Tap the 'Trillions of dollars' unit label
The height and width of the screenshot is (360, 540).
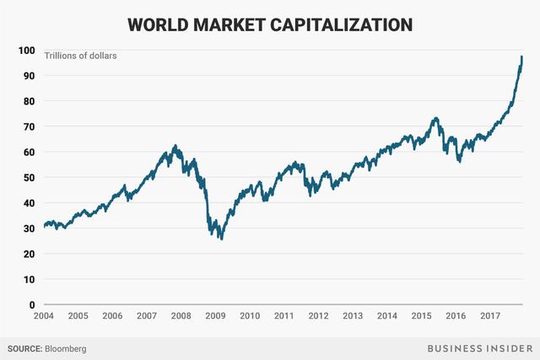[81, 56]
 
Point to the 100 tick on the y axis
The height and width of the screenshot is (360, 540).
[26, 51]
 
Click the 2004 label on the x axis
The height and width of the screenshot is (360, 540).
[44, 316]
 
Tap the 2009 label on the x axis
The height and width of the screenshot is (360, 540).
[215, 316]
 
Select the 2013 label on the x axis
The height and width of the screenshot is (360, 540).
[353, 316]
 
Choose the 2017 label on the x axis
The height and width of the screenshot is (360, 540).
[489, 316]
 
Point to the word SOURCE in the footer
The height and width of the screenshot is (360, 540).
[25, 347]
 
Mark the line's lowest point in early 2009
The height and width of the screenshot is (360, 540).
[221, 239]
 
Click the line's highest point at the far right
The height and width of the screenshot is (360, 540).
[521, 56]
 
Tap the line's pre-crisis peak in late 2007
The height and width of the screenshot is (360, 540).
[175, 146]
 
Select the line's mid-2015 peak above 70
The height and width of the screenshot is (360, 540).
[435, 118]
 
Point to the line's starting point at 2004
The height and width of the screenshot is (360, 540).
[44, 226]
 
